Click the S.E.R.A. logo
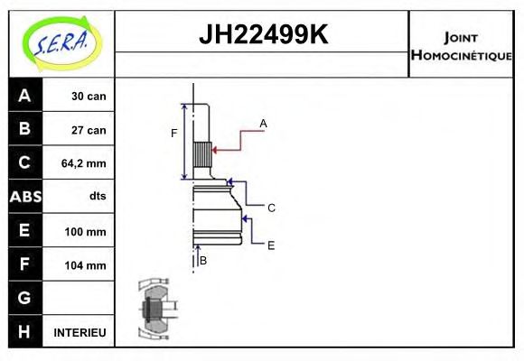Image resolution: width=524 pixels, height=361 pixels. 61,42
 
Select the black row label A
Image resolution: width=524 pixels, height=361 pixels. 24,96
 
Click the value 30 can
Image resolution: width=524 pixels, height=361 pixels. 89,96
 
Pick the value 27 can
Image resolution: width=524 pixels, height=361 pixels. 89,130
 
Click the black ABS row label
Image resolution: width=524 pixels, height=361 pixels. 24,197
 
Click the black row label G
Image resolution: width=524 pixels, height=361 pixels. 24,298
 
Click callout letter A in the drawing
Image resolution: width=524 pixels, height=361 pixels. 263,123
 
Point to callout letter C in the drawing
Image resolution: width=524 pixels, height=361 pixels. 271,208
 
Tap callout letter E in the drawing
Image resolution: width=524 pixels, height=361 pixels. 270,245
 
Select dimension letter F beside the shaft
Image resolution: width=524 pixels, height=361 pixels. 174,134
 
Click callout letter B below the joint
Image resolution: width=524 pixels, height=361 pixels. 203,261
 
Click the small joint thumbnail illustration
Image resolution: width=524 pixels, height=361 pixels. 154,310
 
